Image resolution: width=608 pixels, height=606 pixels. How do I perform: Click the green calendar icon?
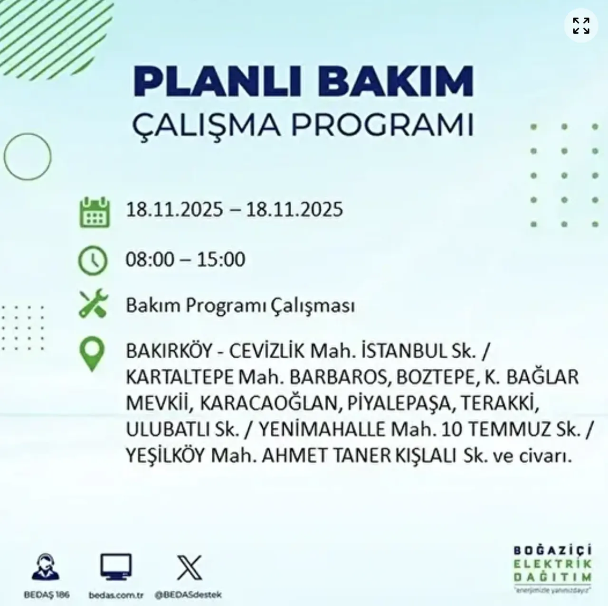[95, 212]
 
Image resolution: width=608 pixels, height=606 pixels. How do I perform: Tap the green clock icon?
[93, 260]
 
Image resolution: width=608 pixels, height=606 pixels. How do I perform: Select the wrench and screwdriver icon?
[93, 304]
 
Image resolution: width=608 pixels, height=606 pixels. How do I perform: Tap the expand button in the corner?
[580, 26]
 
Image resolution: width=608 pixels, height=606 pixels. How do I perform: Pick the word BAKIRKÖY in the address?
[169, 352]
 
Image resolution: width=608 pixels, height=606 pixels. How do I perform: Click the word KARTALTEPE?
[180, 377]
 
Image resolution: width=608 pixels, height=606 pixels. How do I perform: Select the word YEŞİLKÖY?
[165, 456]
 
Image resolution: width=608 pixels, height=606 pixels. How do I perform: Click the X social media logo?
[189, 568]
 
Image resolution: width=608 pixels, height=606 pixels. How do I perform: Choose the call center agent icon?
[46, 567]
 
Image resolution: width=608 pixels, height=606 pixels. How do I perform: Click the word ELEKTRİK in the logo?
[552, 564]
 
